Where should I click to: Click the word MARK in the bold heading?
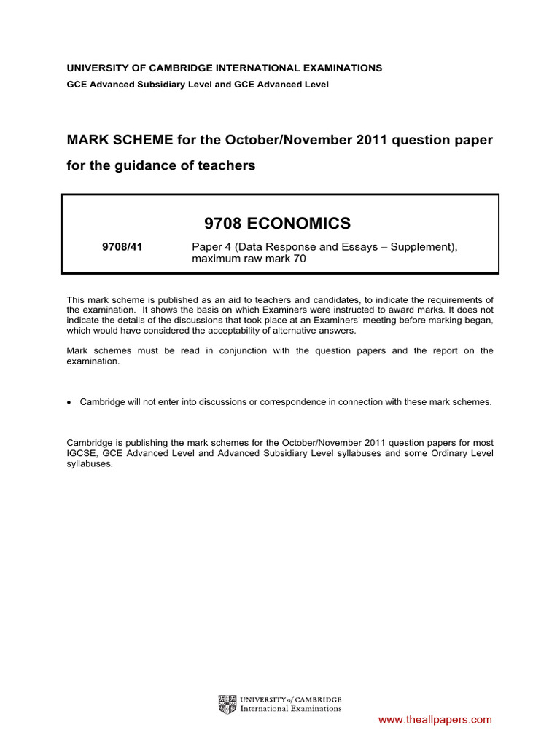pos(87,139)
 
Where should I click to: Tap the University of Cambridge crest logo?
pos(227,704)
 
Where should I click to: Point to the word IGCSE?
pos(82,453)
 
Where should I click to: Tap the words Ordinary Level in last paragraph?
pos(466,453)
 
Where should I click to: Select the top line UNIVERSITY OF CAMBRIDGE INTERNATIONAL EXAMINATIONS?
pos(225,68)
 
